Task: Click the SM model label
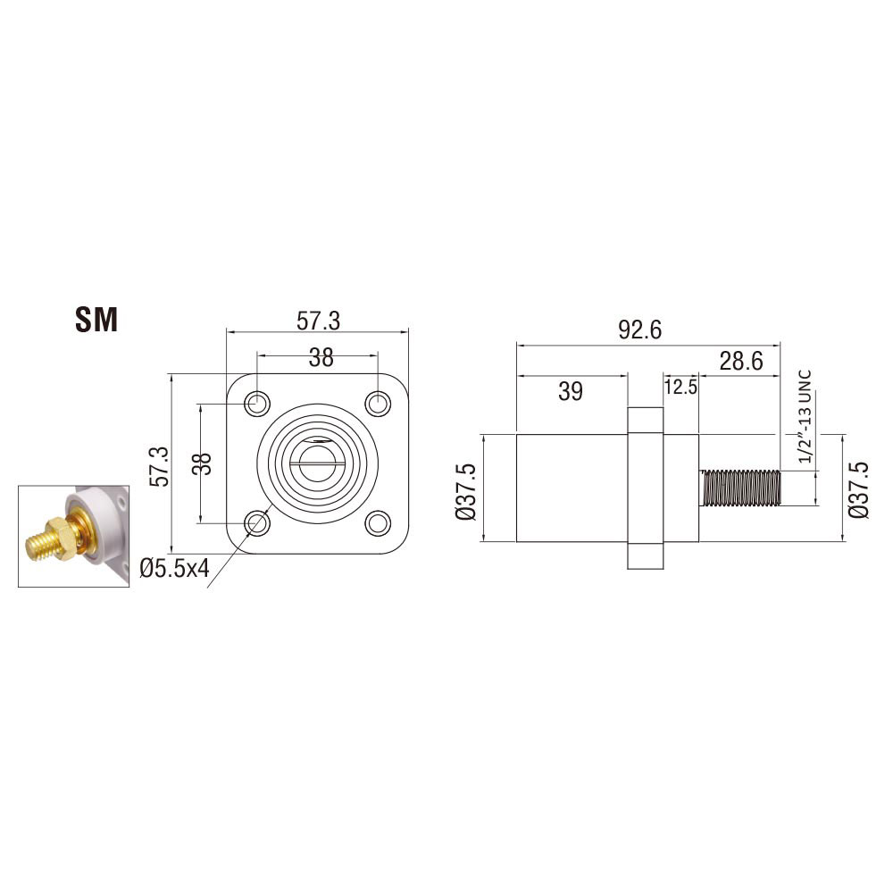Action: click(96, 320)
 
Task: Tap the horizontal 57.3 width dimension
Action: click(318, 321)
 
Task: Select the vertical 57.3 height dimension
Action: click(160, 466)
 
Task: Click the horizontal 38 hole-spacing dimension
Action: click(321, 358)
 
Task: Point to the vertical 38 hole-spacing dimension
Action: click(202, 463)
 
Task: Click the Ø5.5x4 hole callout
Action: click(175, 568)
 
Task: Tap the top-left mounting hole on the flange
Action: click(257, 404)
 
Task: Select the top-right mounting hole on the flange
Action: click(378, 404)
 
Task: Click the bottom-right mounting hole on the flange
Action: click(378, 522)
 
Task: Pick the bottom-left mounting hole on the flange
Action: click(257, 522)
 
